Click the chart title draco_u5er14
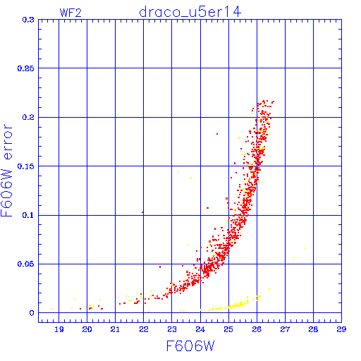pyautogui.click(x=190, y=12)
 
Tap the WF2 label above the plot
pyautogui.click(x=71, y=13)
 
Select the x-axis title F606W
pyautogui.click(x=190, y=346)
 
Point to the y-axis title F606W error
pyautogui.click(x=6, y=171)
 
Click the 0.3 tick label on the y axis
pyautogui.click(x=28, y=20)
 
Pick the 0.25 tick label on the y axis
pyautogui.click(x=26, y=68)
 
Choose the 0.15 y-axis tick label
pyautogui.click(x=26, y=166)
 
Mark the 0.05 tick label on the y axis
pyautogui.click(x=26, y=264)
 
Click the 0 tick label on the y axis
pyautogui.click(x=32, y=313)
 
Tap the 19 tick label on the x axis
pyautogui.click(x=59, y=329)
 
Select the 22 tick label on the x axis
pyautogui.click(x=144, y=329)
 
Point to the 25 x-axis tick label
pyautogui.click(x=228, y=329)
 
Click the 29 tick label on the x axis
pyautogui.click(x=341, y=329)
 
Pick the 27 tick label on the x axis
pyautogui.click(x=285, y=329)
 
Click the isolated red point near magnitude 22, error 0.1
pyautogui.click(x=142, y=212)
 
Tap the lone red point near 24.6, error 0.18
pyautogui.click(x=217, y=134)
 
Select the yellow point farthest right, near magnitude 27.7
pyautogui.click(x=305, y=248)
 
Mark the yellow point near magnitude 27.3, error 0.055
pyautogui.click(x=294, y=258)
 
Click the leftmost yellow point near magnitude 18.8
pyautogui.click(x=52, y=309)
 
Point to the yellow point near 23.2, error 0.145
pyautogui.click(x=178, y=172)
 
